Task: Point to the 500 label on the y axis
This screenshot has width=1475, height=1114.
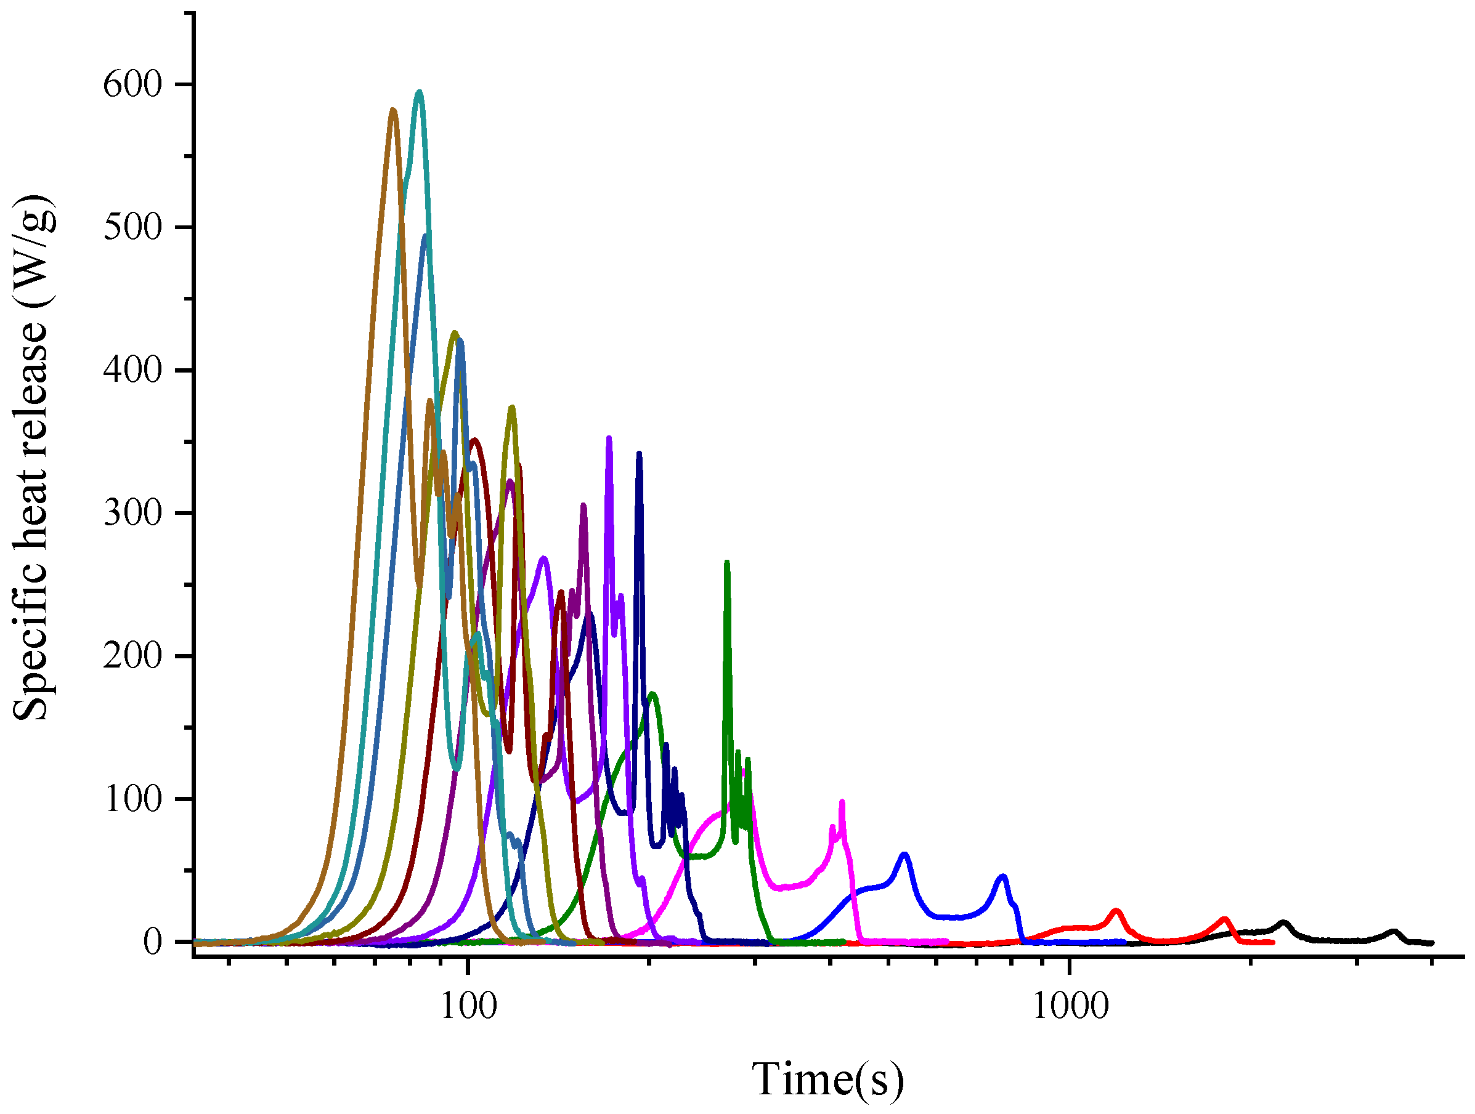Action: coord(132,228)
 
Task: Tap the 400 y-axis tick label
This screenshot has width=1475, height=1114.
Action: coord(132,371)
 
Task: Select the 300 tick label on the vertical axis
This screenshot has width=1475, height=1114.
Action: coord(132,514)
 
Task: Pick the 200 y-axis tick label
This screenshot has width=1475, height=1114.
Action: coord(132,656)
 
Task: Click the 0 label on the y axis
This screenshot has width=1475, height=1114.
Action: coord(152,942)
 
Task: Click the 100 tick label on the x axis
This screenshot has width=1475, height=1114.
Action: coord(468,1006)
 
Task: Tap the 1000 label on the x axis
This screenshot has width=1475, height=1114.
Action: coord(1070,1006)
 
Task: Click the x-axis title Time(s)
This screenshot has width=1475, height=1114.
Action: coord(827,1078)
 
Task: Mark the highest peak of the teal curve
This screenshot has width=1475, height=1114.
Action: coord(419,92)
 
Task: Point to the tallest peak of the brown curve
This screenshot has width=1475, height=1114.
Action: coord(392,110)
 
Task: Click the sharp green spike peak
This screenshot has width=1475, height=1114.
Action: coord(727,563)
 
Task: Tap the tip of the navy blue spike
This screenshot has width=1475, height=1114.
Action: coord(639,453)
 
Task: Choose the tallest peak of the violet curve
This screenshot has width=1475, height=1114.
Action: coord(609,438)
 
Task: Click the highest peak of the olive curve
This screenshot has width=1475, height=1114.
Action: coord(455,333)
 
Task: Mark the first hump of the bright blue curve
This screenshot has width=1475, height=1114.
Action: coord(904,854)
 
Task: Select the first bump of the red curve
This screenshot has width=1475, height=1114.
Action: coord(1116,911)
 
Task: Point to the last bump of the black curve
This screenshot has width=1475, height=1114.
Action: coord(1392,931)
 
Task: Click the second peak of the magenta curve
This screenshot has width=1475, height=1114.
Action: coord(842,802)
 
